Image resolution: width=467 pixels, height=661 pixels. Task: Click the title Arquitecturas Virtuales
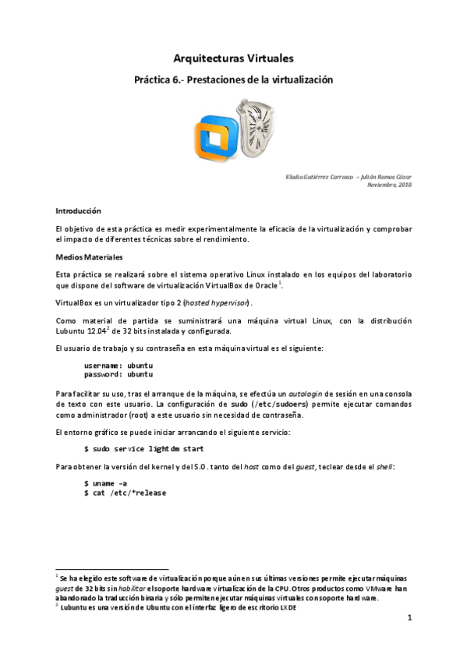[x=233, y=58]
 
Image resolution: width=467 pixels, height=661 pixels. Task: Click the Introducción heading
[x=79, y=211]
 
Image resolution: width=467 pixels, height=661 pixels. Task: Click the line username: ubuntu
[x=119, y=364]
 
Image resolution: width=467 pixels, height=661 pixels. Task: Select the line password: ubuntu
[x=119, y=373]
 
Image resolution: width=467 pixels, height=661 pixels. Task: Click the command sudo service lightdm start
[x=144, y=449]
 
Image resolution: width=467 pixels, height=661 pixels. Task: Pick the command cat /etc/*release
[x=125, y=493]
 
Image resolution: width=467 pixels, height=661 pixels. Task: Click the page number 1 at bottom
[x=409, y=618]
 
